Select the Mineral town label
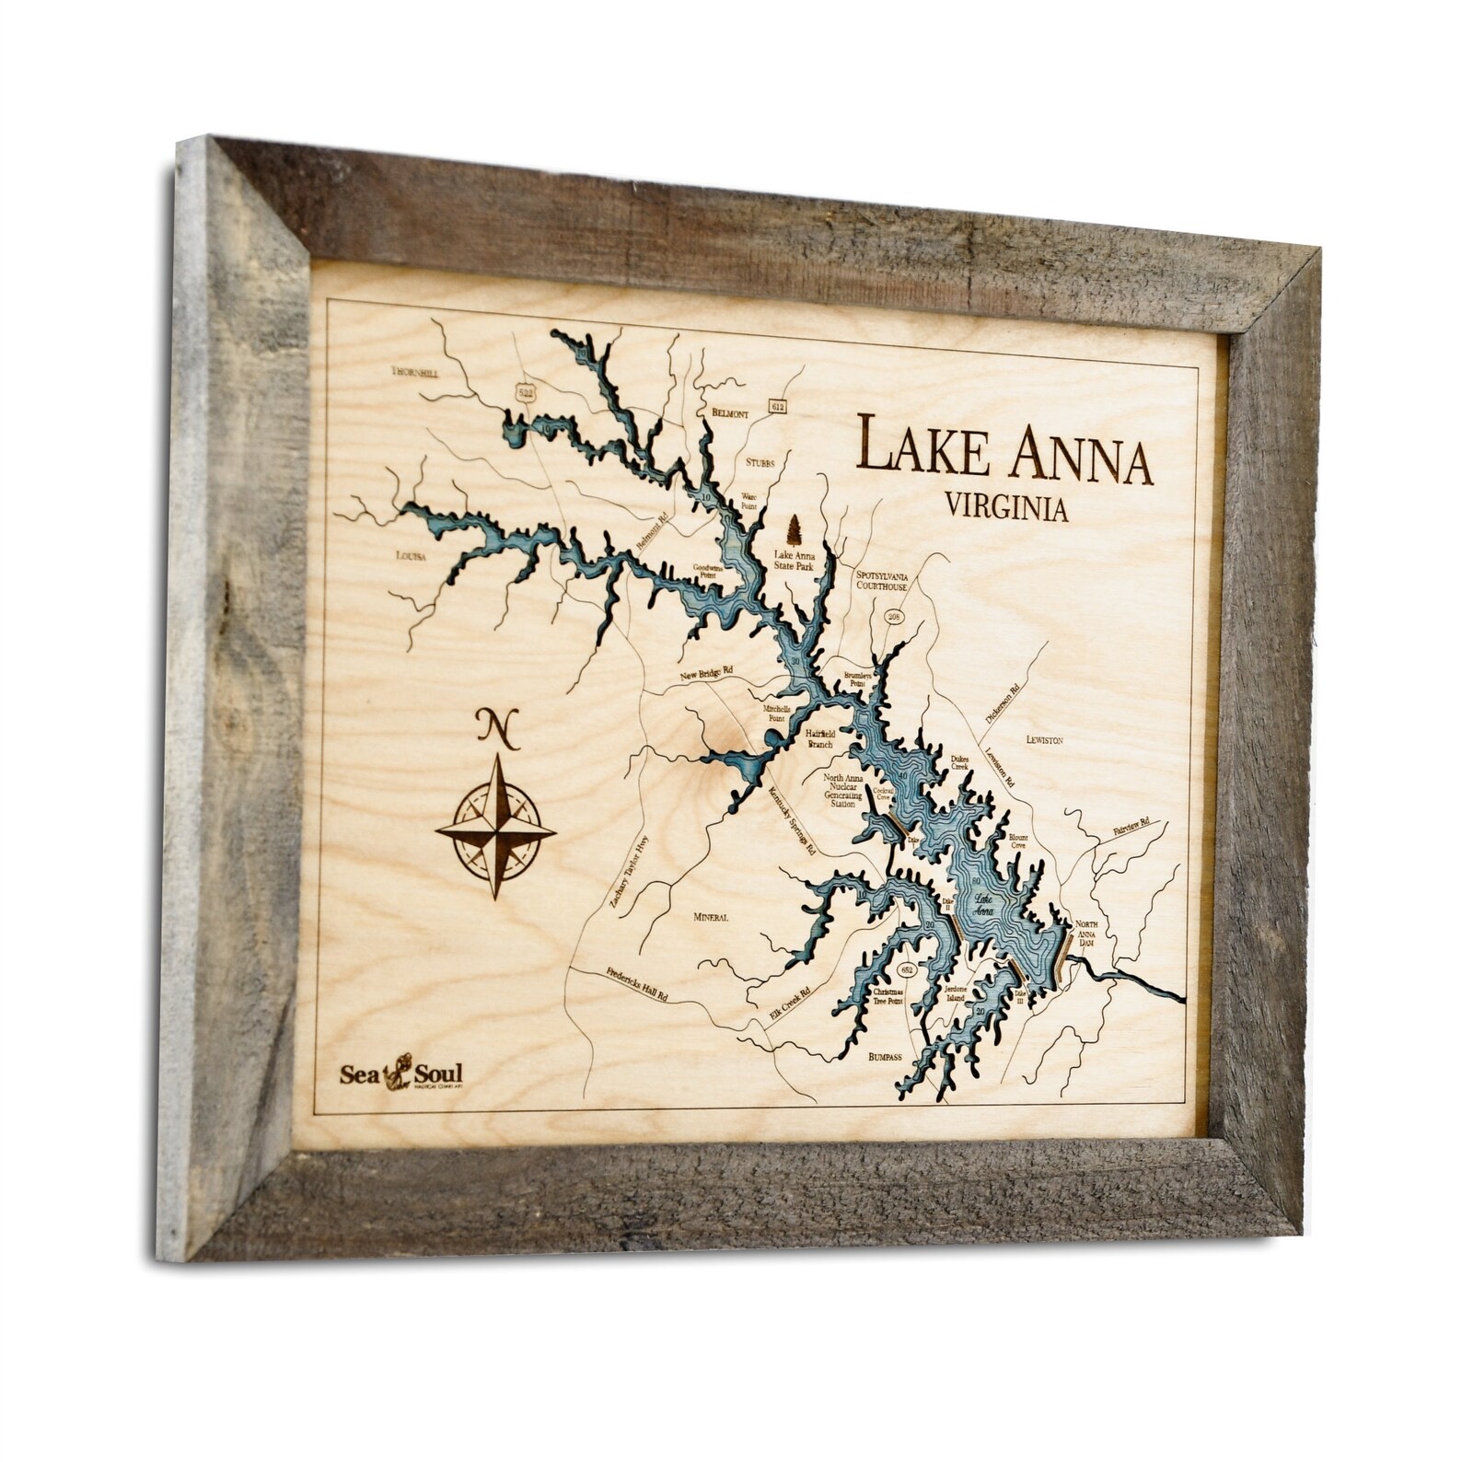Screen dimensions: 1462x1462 [x=710, y=917]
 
